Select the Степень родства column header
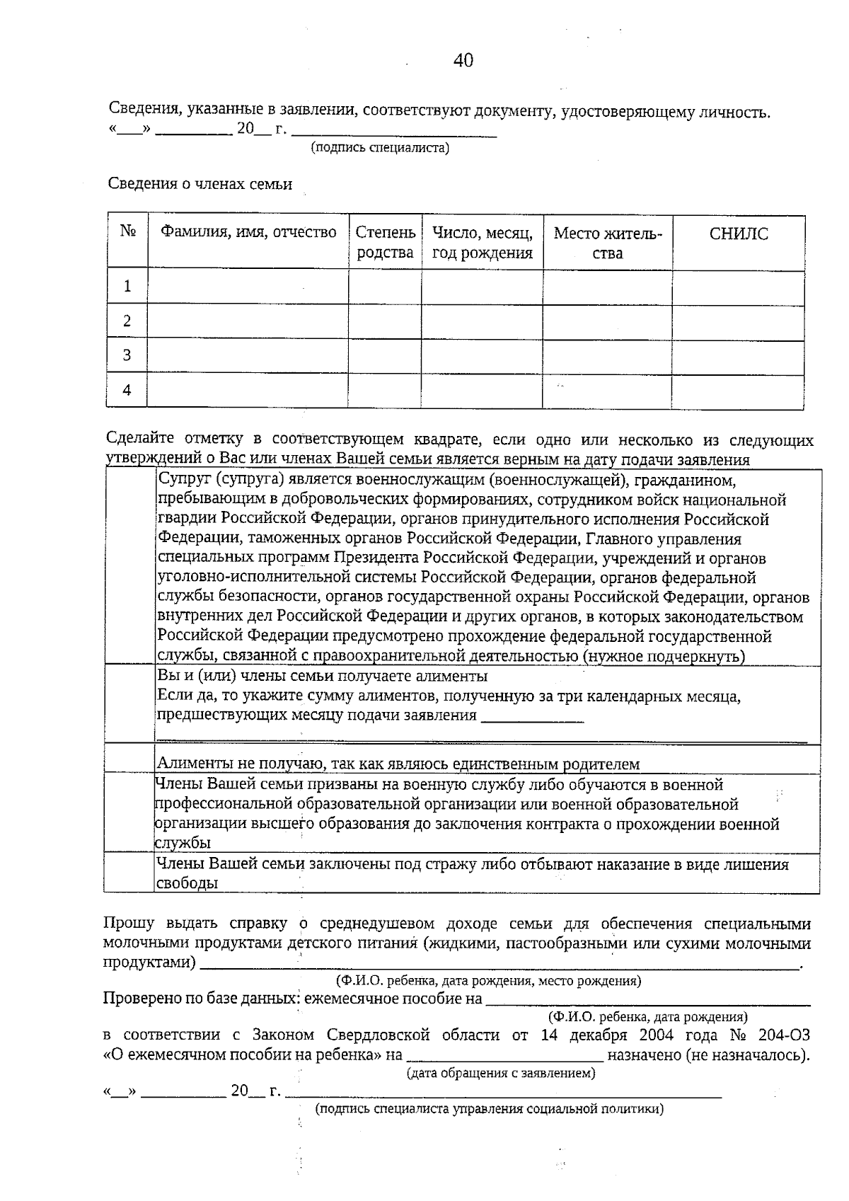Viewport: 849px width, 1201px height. pyautogui.click(x=385, y=243)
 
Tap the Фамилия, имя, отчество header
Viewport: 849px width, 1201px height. pyautogui.click(x=248, y=232)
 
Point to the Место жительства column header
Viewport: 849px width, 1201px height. pyautogui.click(x=607, y=243)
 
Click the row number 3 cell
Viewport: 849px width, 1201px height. pyautogui.click(x=127, y=355)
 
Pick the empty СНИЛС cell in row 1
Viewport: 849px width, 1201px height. pyautogui.click(x=737, y=287)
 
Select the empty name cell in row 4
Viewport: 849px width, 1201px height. pyautogui.click(x=247, y=391)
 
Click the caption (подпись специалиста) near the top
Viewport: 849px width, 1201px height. pyautogui.click(x=380, y=148)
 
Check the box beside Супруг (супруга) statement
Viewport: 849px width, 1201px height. pyautogui.click(x=129, y=567)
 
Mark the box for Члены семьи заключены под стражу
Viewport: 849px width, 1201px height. pyautogui.click(x=129, y=873)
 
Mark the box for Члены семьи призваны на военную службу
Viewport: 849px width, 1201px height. pyautogui.click(x=129, y=812)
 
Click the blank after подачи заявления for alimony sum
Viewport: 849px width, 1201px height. pyautogui.click(x=532, y=716)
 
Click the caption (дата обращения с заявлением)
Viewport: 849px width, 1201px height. pyautogui.click(x=501, y=1074)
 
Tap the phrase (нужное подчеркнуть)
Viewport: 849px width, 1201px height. pyautogui.click(x=664, y=657)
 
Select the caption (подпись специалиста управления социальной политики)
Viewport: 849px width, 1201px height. pyautogui.click(x=489, y=1109)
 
